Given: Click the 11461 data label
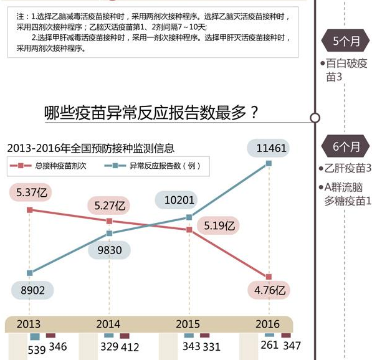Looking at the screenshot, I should pyautogui.click(x=269, y=148).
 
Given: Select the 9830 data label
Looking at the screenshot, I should pyautogui.click(x=109, y=250).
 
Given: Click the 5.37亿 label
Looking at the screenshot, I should pyautogui.click(x=31, y=192).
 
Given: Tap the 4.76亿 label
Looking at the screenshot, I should pyautogui.click(x=270, y=290).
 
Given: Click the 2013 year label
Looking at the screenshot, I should pyautogui.click(x=29, y=324).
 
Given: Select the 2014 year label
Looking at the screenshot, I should pyautogui.click(x=109, y=324).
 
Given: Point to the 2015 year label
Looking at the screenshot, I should pyautogui.click(x=188, y=324).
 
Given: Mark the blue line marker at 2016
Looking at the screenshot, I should pyautogui.click(x=269, y=163).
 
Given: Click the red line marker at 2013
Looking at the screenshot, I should pyautogui.click(x=29, y=210).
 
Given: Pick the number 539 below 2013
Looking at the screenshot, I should pyautogui.click(x=37, y=350).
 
